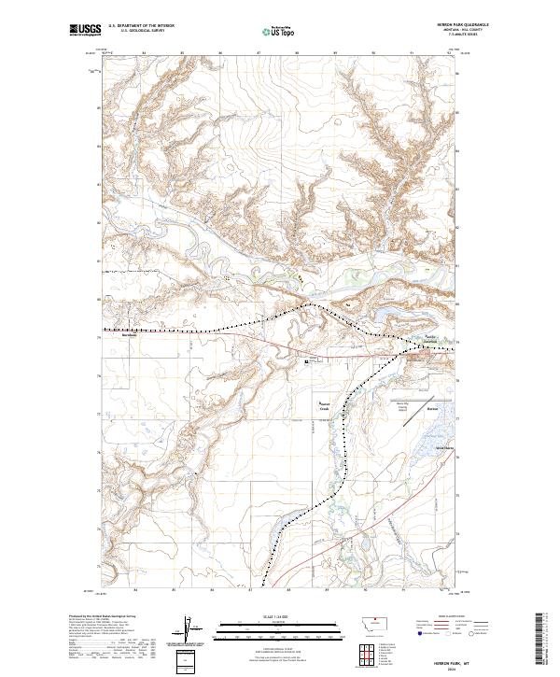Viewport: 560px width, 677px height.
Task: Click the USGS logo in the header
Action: click(x=85, y=31)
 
